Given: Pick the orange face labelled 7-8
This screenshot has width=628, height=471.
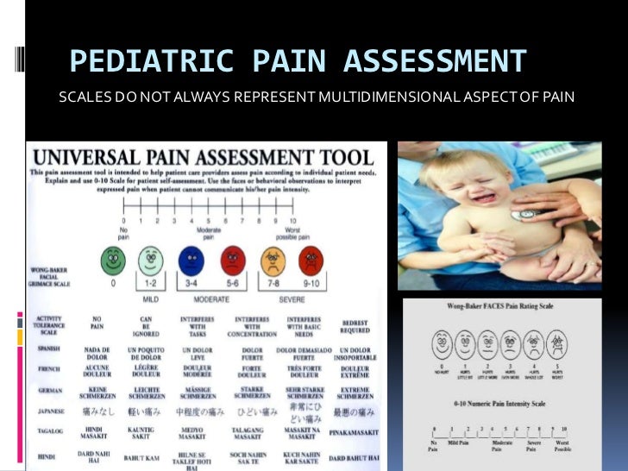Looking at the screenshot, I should tap(273, 260).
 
